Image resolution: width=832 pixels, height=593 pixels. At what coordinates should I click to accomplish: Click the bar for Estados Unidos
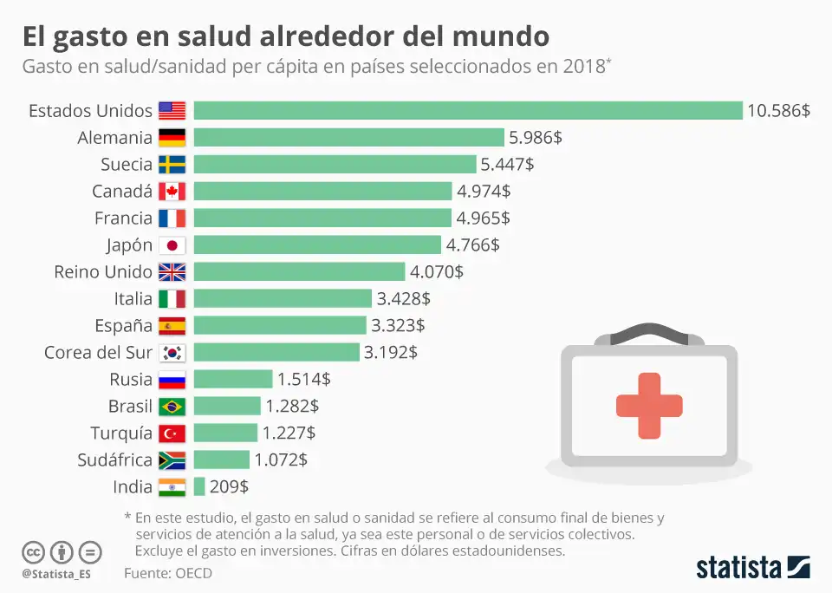468,110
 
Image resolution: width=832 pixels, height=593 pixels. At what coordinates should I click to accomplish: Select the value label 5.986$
534,137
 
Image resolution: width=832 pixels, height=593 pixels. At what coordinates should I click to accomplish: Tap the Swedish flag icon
172,164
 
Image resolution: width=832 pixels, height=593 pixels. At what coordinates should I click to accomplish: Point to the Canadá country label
122,191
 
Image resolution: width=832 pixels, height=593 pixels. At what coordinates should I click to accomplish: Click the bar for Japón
317,244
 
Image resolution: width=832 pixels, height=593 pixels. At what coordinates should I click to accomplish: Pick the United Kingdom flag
172,271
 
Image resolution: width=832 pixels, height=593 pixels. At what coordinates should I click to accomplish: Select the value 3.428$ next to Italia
403,298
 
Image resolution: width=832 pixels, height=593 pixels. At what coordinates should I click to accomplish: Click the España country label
123,325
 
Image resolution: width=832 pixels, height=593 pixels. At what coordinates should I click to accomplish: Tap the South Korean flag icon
172,352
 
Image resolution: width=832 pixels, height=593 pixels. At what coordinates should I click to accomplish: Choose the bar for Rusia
233,379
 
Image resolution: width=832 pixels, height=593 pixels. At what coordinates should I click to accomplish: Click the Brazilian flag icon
172,406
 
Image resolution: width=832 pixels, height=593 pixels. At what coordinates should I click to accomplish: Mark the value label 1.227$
289,433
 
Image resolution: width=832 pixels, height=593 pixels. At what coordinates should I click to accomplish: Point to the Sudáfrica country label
114,459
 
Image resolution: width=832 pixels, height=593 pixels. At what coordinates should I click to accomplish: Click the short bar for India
199,486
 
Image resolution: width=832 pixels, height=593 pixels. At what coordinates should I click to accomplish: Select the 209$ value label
229,486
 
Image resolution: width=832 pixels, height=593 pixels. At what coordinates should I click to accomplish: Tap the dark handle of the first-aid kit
649,329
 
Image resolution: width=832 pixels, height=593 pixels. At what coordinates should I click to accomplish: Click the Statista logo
752,568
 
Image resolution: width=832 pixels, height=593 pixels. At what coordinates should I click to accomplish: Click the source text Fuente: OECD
167,573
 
